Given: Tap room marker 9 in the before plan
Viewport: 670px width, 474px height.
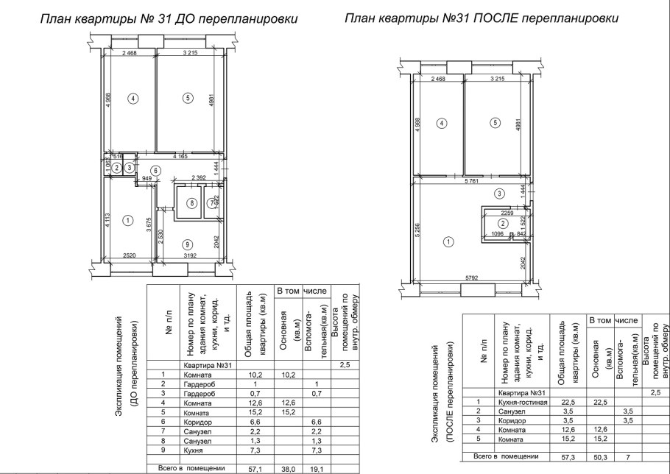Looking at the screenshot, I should [x=188, y=244].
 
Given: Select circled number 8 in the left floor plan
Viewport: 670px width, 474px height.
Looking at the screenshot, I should [x=191, y=203].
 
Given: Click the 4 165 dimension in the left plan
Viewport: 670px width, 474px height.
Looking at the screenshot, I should [x=179, y=157].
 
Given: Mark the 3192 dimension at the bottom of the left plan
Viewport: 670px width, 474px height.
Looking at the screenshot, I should [x=190, y=256].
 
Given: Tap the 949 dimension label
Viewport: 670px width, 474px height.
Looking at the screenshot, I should [x=147, y=179].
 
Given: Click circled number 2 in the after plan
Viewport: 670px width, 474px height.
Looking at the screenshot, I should [x=503, y=223].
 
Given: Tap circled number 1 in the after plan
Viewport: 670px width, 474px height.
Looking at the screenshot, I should [x=446, y=241].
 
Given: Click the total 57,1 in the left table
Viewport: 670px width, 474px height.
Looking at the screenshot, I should [x=252, y=468].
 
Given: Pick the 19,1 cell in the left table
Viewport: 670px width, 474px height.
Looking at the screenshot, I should [x=315, y=468].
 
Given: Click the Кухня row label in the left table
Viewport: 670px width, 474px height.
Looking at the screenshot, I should [x=193, y=448].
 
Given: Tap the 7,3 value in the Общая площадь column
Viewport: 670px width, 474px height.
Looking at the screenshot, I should [x=252, y=448].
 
